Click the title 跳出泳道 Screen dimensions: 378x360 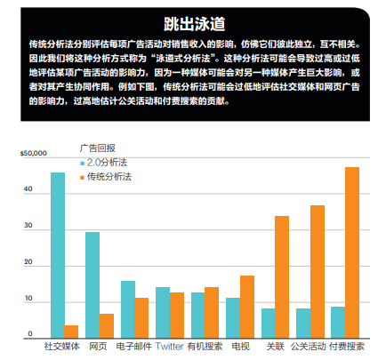pyautogui.click(x=195, y=24)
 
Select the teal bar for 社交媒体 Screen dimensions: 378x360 pyautogui.click(x=58, y=255)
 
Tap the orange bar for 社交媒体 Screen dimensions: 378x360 pyautogui.click(x=71, y=332)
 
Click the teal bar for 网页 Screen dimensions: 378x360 pyautogui.click(x=92, y=285)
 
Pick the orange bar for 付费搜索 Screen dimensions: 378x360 pyautogui.click(x=352, y=252)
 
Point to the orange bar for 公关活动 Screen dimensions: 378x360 pyautogui.click(x=318, y=272)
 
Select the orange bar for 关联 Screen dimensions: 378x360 pyautogui.click(x=282, y=277)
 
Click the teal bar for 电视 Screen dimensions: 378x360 pyautogui.click(x=233, y=318)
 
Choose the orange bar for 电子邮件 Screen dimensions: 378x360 pyautogui.click(x=141, y=318)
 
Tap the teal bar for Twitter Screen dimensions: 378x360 pyautogui.click(x=163, y=313)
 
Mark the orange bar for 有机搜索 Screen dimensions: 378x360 pyautogui.click(x=212, y=313)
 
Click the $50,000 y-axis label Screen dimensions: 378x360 pyautogui.click(x=34, y=153)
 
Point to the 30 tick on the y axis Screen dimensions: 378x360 pyautogui.click(x=28, y=226)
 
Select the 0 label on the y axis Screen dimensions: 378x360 pyautogui.click(x=30, y=334)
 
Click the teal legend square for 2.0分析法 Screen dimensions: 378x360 pyautogui.click(x=83, y=164)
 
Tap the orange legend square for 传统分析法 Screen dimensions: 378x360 pyautogui.click(x=83, y=178)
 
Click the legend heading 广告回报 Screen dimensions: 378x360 pyautogui.click(x=98, y=148)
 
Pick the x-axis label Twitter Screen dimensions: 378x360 pyautogui.click(x=170, y=347)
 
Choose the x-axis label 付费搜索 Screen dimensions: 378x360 pyautogui.click(x=347, y=347)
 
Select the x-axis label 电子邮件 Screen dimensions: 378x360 pyautogui.click(x=134, y=347)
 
